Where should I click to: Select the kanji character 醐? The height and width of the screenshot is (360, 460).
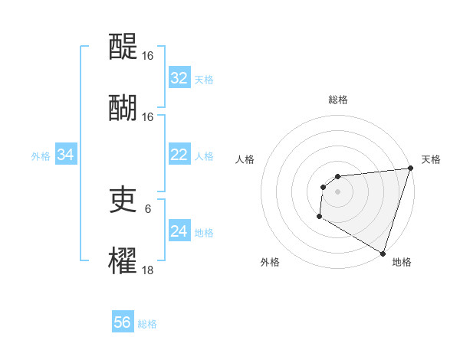pyautogui.click(x=123, y=107)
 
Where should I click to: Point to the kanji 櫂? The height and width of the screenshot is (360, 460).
pyautogui.click(x=123, y=260)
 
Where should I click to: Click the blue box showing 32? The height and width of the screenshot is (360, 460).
pyautogui.click(x=179, y=78)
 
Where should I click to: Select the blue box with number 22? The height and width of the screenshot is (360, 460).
pyautogui.click(x=179, y=155)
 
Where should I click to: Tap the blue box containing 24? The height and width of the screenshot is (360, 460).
pyautogui.click(x=179, y=231)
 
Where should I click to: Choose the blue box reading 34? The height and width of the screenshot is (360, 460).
pyautogui.click(x=66, y=155)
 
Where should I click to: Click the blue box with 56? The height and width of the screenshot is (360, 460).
pyautogui.click(x=123, y=322)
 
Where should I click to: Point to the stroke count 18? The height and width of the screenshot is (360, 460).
pyautogui.click(x=148, y=270)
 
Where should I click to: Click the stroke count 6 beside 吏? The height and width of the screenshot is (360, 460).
pyautogui.click(x=148, y=208)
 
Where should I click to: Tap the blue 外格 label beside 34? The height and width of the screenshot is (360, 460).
pyautogui.click(x=41, y=155)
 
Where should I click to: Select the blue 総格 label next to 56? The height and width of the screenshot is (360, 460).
pyautogui.click(x=148, y=323)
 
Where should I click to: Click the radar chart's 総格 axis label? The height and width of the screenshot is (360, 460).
pyautogui.click(x=337, y=100)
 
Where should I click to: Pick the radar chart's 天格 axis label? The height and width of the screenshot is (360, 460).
pyautogui.click(x=432, y=159)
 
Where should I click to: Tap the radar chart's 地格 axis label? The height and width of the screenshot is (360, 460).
pyautogui.click(x=402, y=262)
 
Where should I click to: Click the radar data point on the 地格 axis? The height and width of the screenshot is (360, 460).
pyautogui.click(x=383, y=253)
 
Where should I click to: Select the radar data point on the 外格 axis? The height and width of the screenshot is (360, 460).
pyautogui.click(x=320, y=217)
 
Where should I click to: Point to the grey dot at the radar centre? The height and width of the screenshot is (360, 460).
pyautogui.click(x=337, y=191)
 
